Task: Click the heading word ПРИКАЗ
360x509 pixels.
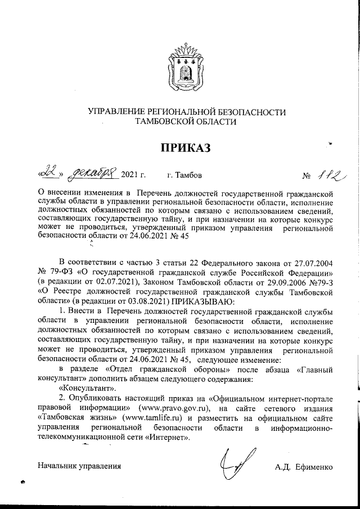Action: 186,148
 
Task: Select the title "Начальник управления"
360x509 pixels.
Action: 79,466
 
